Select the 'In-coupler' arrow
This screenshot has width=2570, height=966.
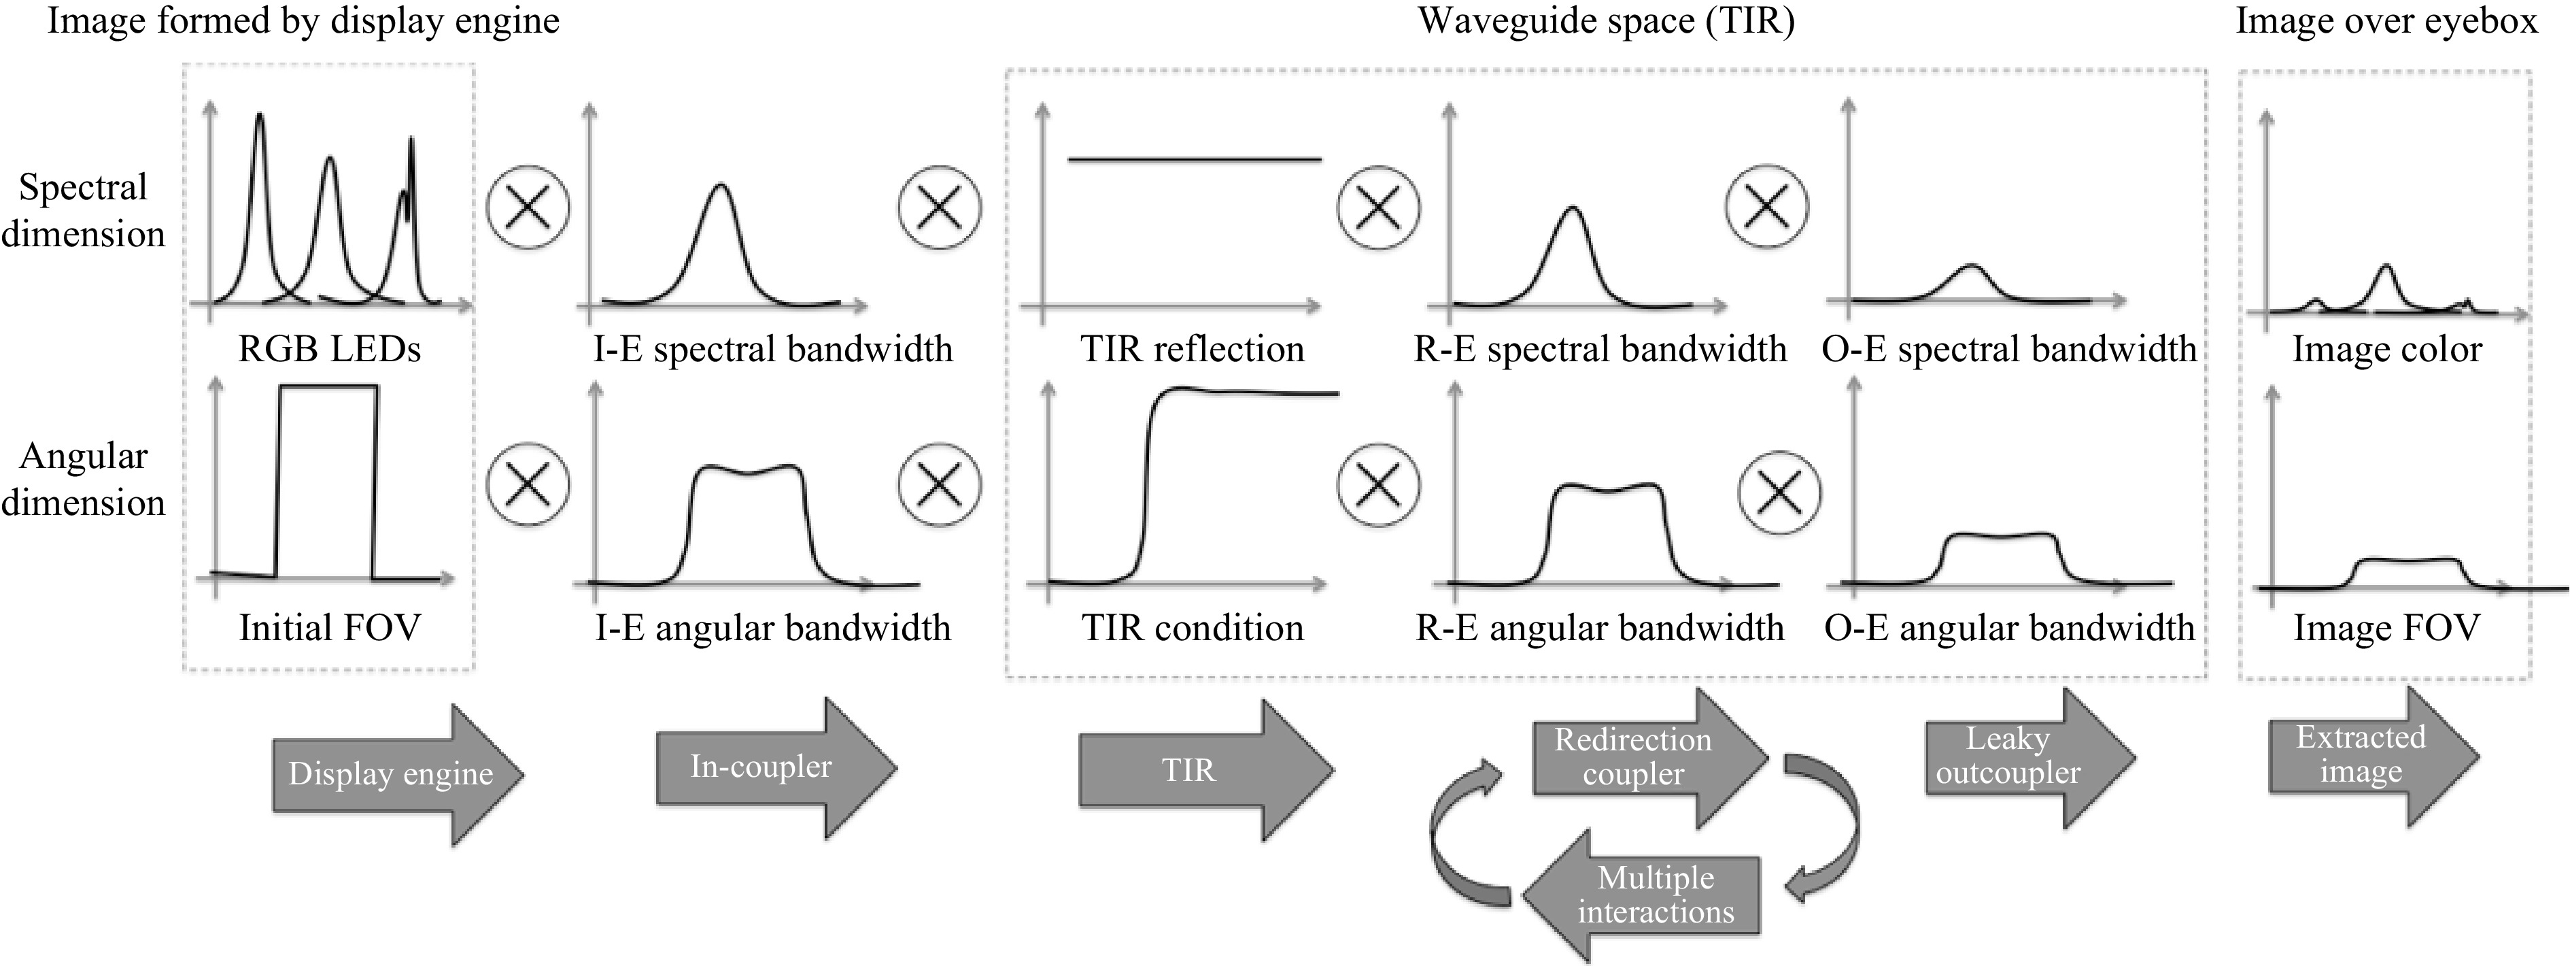[776, 767]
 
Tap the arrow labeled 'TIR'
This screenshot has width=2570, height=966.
[1206, 769]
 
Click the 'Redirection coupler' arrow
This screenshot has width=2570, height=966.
[1650, 757]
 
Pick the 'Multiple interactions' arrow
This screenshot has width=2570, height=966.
[1642, 895]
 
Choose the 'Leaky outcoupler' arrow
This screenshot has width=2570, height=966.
[2029, 757]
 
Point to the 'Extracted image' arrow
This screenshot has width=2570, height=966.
[2374, 755]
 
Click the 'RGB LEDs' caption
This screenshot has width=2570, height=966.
[329, 349]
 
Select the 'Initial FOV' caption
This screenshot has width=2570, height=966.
[329, 628]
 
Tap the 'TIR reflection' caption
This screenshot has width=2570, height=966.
[1193, 349]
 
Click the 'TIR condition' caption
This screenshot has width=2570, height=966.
[1193, 628]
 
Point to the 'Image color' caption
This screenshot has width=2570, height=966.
[2386, 349]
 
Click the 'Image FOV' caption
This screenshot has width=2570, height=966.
[2386, 628]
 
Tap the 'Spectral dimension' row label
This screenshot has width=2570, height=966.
[83, 211]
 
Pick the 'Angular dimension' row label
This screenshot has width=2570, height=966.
[83, 479]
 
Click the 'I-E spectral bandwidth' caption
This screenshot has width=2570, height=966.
[773, 349]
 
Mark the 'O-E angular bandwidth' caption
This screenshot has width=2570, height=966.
[2009, 628]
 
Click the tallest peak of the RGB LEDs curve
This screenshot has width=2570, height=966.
[260, 115]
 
